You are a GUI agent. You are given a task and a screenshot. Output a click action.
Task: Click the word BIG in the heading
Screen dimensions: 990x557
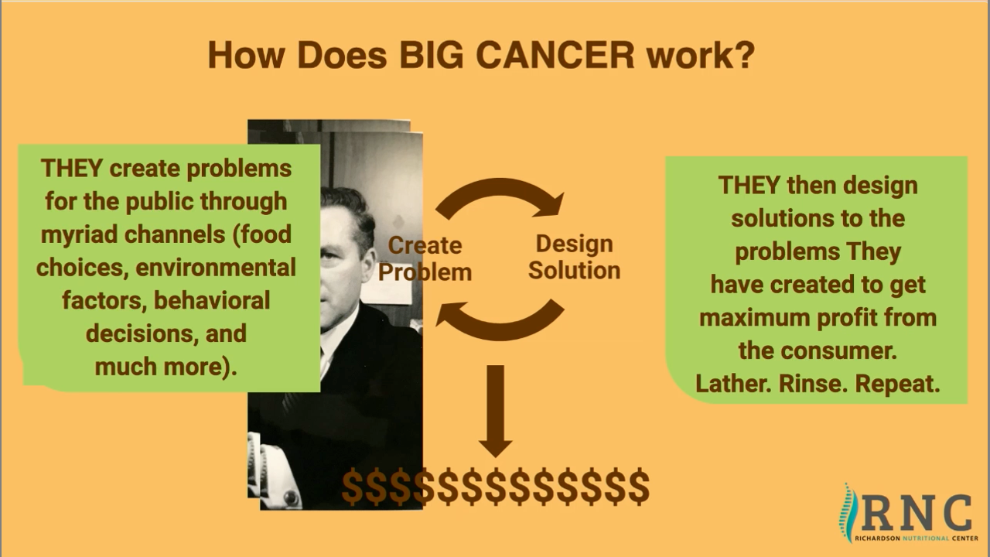pos(431,55)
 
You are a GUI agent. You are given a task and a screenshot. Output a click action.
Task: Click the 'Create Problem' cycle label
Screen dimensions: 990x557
pos(425,258)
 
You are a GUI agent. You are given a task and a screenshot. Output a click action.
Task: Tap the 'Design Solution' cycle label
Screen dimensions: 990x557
pos(574,258)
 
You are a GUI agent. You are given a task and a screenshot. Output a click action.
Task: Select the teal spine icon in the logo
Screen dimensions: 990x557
pos(848,513)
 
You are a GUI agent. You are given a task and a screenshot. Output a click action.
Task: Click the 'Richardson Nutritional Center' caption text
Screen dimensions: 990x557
pos(917,538)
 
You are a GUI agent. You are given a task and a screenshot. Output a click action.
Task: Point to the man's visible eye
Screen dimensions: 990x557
pos(329,255)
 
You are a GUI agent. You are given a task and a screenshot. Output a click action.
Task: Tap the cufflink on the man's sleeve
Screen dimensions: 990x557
pos(292,497)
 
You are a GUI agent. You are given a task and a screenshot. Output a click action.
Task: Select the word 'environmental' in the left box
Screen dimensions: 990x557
pos(216,268)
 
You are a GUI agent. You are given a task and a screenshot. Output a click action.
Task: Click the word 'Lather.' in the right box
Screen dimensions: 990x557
pos(734,384)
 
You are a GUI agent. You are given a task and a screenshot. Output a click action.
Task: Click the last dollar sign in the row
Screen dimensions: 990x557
pos(639,487)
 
